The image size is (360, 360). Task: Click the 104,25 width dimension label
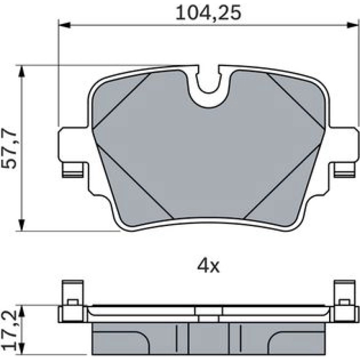[208, 13]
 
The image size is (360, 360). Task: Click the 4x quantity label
[208, 266]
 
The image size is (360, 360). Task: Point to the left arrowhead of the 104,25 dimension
[65, 25]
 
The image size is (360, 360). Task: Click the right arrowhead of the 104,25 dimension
[353, 25]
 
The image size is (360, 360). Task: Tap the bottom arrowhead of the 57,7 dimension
[22, 225]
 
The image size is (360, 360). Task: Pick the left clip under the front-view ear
[72, 170]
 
